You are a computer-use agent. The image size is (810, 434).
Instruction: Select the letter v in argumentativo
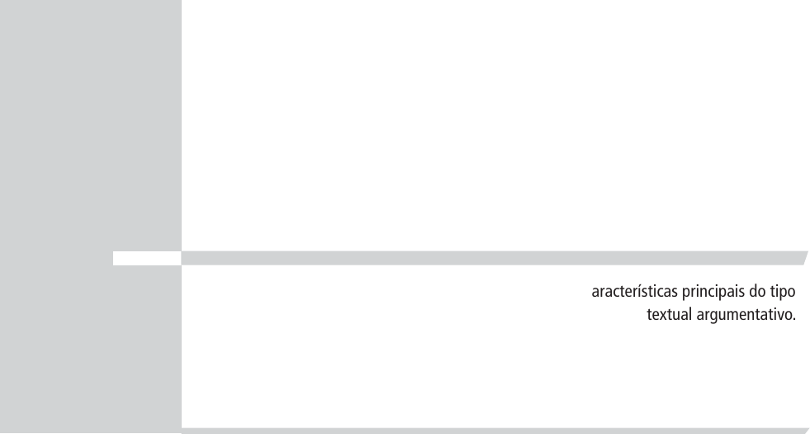(x=781, y=315)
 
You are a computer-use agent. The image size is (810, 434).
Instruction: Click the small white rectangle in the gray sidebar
(x=146, y=259)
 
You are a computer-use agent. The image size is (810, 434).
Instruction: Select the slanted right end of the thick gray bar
(x=803, y=259)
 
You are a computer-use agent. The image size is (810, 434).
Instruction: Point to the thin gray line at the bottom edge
(x=495, y=431)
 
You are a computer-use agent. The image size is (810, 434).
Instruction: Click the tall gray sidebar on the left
(x=91, y=124)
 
